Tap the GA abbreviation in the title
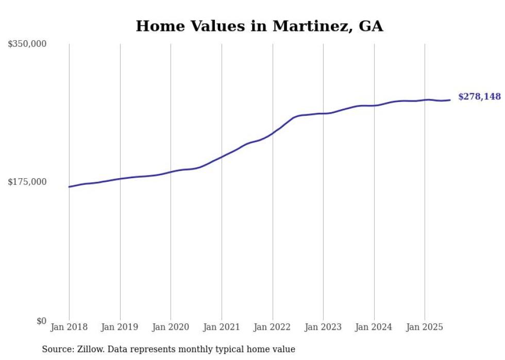369,26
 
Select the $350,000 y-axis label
27,44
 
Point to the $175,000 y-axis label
27,182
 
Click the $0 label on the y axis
41,321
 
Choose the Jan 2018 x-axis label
69,327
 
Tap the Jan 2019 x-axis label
120,327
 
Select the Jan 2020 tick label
171,327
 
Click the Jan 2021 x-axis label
222,327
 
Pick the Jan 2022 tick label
273,327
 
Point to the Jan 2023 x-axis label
323,327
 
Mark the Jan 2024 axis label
374,327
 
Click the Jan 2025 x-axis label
425,327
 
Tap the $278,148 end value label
479,97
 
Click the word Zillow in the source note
91,350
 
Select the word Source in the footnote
57,350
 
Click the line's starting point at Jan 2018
69,187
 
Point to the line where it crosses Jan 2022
273,133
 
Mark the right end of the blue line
450,100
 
